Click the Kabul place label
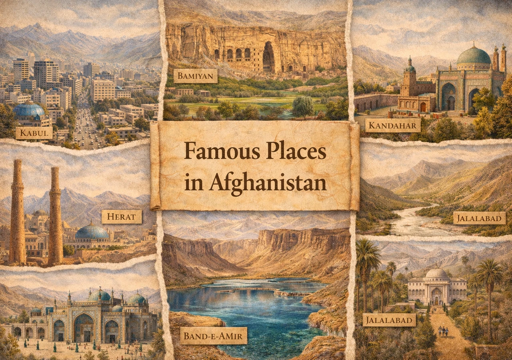(x=34, y=132)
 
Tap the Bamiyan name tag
(x=196, y=76)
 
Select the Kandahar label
(x=393, y=125)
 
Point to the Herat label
(x=122, y=217)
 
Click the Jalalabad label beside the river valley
(x=479, y=218)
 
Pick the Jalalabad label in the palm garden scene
(x=389, y=320)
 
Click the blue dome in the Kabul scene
(x=29, y=110)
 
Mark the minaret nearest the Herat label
(x=55, y=216)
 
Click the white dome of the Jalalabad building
(x=436, y=273)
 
